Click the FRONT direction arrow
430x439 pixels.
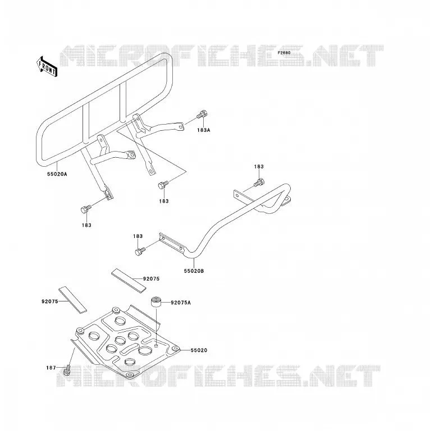point(47,67)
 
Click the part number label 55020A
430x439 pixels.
point(57,174)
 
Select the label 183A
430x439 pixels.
point(204,130)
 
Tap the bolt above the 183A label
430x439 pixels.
point(203,114)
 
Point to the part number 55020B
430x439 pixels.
point(194,271)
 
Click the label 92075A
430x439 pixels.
point(181,303)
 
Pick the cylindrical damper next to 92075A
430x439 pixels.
point(156,303)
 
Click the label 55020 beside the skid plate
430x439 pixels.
point(199,350)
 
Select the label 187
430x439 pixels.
point(51,368)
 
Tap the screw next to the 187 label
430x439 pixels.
point(67,370)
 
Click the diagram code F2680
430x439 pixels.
point(284,53)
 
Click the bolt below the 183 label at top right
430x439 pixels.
point(259,182)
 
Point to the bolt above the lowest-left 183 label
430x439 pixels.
point(86,209)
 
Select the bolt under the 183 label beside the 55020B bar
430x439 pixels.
point(140,250)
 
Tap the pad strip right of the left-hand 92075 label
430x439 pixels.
point(72,300)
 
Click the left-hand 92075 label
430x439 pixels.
point(50,301)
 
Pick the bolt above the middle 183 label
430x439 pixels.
point(163,185)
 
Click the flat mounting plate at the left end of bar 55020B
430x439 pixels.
point(172,243)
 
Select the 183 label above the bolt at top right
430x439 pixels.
point(259,167)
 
